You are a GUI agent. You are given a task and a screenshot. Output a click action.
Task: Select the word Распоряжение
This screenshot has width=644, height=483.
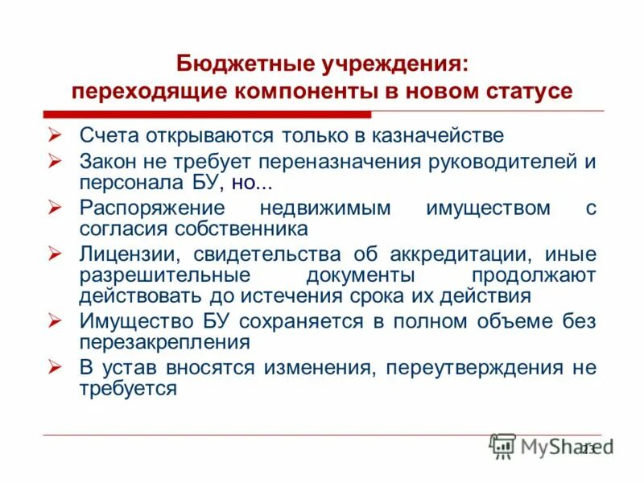pyautogui.click(x=151, y=208)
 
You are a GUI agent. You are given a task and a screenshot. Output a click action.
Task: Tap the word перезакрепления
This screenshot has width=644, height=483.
pyautogui.click(x=166, y=341)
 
